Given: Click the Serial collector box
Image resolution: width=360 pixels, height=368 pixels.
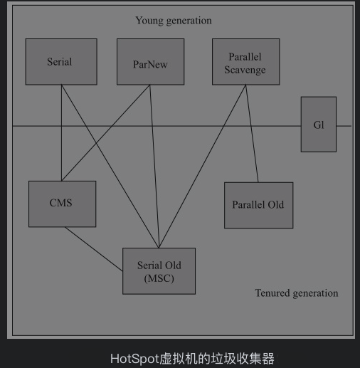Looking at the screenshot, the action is (x=61, y=62).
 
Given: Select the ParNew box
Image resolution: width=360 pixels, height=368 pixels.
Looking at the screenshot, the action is (x=150, y=62).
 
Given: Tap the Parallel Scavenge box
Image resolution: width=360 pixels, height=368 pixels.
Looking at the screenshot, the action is (x=245, y=62).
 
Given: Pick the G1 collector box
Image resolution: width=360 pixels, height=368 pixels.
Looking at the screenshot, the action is (x=319, y=125).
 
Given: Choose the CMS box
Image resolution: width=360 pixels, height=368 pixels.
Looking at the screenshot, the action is (x=62, y=204).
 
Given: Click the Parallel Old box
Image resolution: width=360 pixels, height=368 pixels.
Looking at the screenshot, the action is (x=258, y=206).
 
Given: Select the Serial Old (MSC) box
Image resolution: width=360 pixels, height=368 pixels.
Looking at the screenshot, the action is (x=159, y=271).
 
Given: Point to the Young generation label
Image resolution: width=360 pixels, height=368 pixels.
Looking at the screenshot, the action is (x=174, y=21).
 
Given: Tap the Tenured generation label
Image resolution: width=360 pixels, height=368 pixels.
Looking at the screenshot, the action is (x=297, y=293).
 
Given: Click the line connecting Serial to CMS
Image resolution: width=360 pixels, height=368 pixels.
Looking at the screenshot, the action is (x=61, y=133).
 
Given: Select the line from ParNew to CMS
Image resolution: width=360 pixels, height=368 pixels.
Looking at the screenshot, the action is (x=106, y=133).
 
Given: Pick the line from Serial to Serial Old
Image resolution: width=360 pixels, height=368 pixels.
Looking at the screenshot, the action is (x=110, y=167).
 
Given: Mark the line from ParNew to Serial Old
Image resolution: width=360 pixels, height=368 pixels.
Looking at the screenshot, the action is (x=154, y=167).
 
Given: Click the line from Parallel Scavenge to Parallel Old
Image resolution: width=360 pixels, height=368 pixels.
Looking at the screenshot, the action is (x=252, y=134).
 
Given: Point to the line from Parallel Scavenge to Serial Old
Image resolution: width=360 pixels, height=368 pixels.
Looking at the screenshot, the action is (x=202, y=167).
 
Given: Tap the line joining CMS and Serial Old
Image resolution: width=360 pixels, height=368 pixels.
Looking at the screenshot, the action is (x=94, y=249).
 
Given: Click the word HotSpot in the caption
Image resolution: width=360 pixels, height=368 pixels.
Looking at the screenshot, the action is (x=134, y=359).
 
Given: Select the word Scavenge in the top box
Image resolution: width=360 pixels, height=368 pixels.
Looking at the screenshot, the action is (x=245, y=70).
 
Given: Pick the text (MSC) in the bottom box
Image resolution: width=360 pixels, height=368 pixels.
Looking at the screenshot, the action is (x=159, y=278).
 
